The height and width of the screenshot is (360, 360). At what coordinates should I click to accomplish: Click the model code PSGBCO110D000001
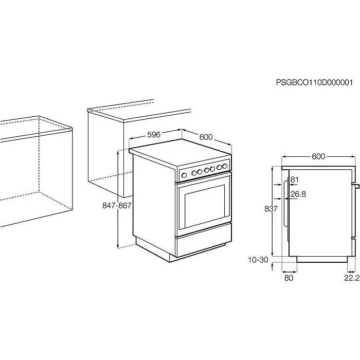[314, 82]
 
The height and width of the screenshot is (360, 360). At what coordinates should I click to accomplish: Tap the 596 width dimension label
[154, 135]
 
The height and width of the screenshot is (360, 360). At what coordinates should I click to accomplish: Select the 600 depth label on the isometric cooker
[206, 137]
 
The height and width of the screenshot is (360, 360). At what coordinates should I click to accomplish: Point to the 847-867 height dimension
[117, 205]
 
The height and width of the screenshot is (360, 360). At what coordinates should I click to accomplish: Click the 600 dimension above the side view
[318, 156]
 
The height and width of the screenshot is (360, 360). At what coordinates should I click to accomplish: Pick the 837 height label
[271, 209]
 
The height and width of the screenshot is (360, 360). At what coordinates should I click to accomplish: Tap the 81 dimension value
[295, 179]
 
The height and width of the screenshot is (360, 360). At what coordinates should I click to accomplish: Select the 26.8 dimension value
[298, 194]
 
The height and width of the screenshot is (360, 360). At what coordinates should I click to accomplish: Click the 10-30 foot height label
[258, 260]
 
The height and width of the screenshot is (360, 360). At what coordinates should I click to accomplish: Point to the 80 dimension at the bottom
[289, 278]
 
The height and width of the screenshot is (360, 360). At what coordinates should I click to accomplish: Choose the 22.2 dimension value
[352, 278]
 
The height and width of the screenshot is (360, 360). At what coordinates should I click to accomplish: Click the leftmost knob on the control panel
[184, 176]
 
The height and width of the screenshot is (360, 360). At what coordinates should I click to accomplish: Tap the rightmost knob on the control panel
[225, 166]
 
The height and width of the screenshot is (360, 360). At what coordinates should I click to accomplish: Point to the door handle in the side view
[285, 203]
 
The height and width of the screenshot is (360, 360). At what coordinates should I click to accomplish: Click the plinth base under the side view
[322, 259]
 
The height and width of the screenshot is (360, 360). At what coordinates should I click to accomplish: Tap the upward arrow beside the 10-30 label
[272, 267]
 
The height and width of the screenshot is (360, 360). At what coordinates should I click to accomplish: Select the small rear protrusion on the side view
[356, 186]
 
